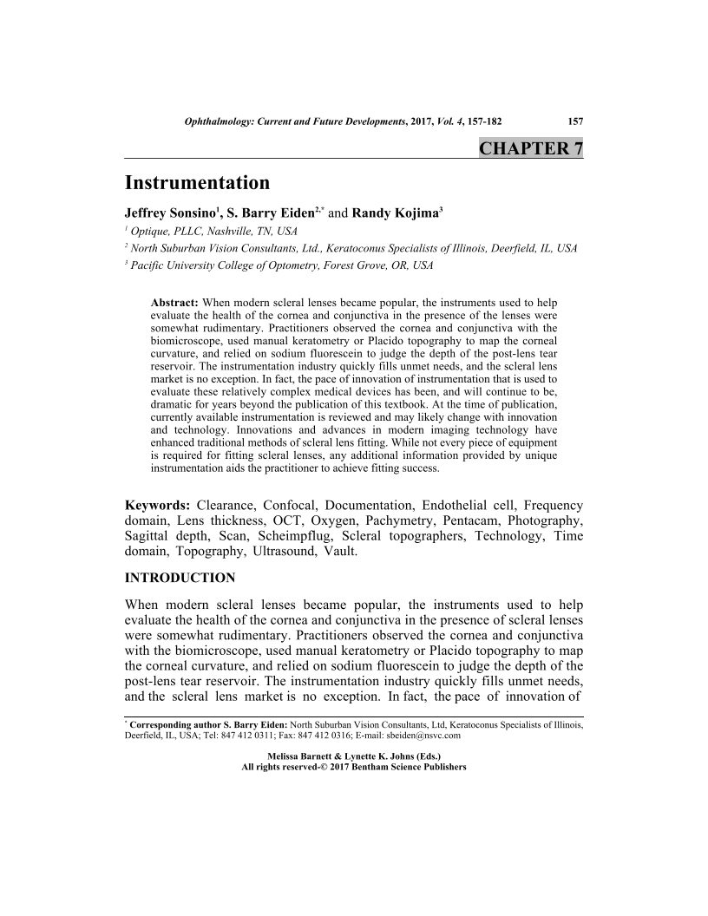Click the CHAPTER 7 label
tap(530, 148)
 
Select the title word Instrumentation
tap(197, 183)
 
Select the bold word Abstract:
tap(175, 302)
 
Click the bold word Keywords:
tap(158, 505)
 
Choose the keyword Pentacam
tap(464, 520)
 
